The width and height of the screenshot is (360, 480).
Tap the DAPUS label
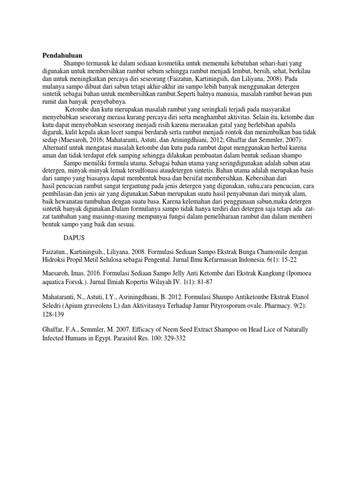tap(74, 239)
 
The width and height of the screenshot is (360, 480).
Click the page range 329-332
tap(173, 337)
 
